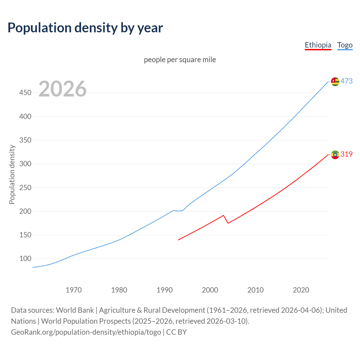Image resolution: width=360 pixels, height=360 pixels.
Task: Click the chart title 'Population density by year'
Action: coord(85,28)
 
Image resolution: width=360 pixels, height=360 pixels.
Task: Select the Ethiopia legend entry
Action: coord(318,45)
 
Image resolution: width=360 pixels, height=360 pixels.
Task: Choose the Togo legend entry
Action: coord(345,45)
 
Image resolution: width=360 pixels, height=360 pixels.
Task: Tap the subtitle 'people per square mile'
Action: coord(180,60)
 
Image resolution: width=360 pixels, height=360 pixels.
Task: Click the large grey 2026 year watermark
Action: coord(62,89)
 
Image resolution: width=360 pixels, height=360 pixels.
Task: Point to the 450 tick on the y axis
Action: coord(25,93)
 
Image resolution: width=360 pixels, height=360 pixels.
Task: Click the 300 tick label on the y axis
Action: coord(25,164)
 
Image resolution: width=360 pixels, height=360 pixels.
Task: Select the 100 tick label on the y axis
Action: coord(25,258)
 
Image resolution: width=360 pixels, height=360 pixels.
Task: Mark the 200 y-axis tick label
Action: coord(25,211)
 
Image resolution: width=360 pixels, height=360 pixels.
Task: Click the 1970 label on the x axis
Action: coord(74,290)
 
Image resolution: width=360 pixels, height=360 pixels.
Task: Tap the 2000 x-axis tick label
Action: coord(210,290)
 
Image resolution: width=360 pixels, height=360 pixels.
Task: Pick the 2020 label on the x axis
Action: coord(301,290)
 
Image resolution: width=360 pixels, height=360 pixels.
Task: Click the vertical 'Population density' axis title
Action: coord(12,174)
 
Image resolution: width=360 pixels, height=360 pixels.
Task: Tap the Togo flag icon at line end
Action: coord(335,82)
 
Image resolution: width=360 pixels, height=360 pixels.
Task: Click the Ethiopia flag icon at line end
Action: coord(335,154)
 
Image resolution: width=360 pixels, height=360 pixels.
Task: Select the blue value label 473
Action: coord(346,81)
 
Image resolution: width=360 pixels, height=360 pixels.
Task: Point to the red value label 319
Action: coord(346,154)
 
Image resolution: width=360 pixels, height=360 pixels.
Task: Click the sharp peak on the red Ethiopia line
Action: coord(223,215)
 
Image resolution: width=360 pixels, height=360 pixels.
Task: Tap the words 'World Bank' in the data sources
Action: coord(75,310)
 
